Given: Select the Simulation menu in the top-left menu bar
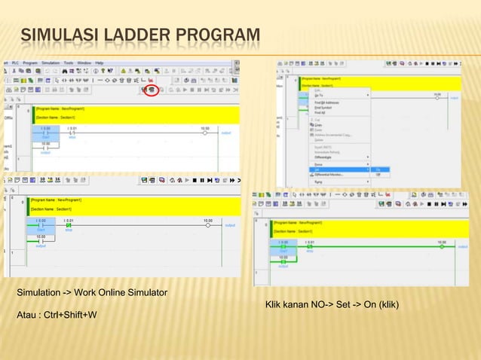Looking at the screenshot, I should click(x=51, y=63).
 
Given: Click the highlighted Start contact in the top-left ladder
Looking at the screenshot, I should click(x=46, y=133).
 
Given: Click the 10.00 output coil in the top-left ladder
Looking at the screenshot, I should click(x=204, y=133).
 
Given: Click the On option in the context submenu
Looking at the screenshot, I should click(x=378, y=169).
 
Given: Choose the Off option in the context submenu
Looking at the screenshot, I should click(x=378, y=175).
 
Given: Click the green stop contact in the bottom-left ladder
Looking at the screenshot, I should click(x=69, y=225).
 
